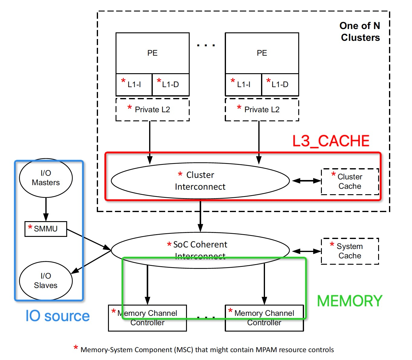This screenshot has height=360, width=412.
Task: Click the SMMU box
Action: [x=46, y=229]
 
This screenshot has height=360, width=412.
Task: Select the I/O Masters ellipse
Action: [x=46, y=178]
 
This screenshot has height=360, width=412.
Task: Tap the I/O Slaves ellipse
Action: [x=46, y=281]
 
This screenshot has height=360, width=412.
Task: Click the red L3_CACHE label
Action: [x=331, y=141]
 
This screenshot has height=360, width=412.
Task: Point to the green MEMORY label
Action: [x=350, y=301]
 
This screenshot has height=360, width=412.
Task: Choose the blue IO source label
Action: [x=57, y=316]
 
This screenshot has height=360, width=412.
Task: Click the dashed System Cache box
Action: [x=350, y=251]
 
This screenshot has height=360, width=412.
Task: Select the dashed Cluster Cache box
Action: [x=350, y=182]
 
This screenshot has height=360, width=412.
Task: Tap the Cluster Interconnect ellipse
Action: [x=200, y=181]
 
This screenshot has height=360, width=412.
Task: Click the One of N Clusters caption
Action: [x=360, y=31]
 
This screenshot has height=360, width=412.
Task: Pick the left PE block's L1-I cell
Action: [x=134, y=84]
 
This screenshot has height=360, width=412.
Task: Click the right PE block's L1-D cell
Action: [x=280, y=84]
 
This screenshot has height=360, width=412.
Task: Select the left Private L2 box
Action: [x=152, y=110]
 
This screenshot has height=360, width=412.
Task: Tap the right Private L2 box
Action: [x=262, y=110]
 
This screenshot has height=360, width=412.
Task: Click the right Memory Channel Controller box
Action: [x=264, y=318]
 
